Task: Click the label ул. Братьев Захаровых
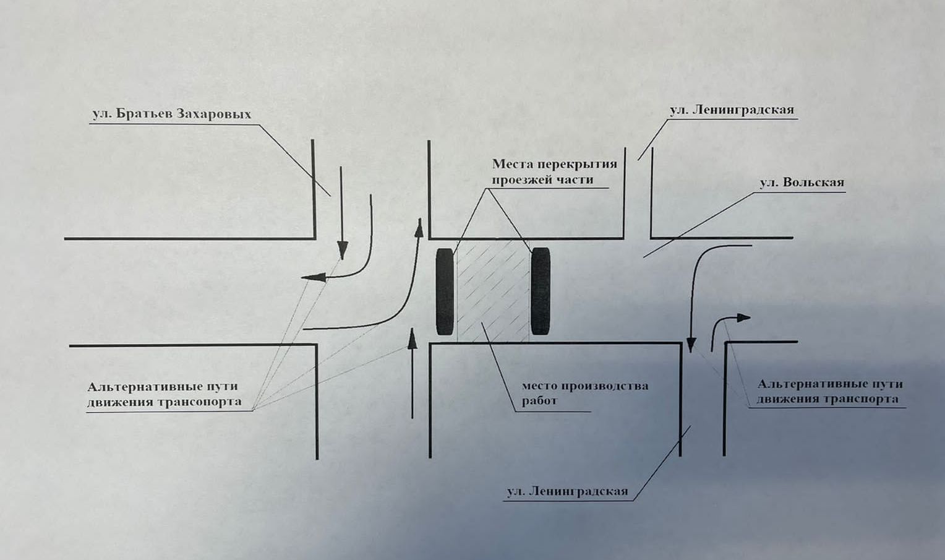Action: tap(171, 114)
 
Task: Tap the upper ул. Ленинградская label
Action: tap(731, 110)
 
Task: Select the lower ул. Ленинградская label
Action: tap(567, 492)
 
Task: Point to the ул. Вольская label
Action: tap(802, 183)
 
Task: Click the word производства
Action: tap(604, 386)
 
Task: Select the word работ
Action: tap(539, 400)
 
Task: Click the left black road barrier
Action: tap(445, 291)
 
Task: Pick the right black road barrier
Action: tap(541, 291)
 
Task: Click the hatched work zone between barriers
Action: tap(493, 291)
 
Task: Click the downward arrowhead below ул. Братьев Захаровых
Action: tap(341, 251)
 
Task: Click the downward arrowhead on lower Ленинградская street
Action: tap(691, 345)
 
